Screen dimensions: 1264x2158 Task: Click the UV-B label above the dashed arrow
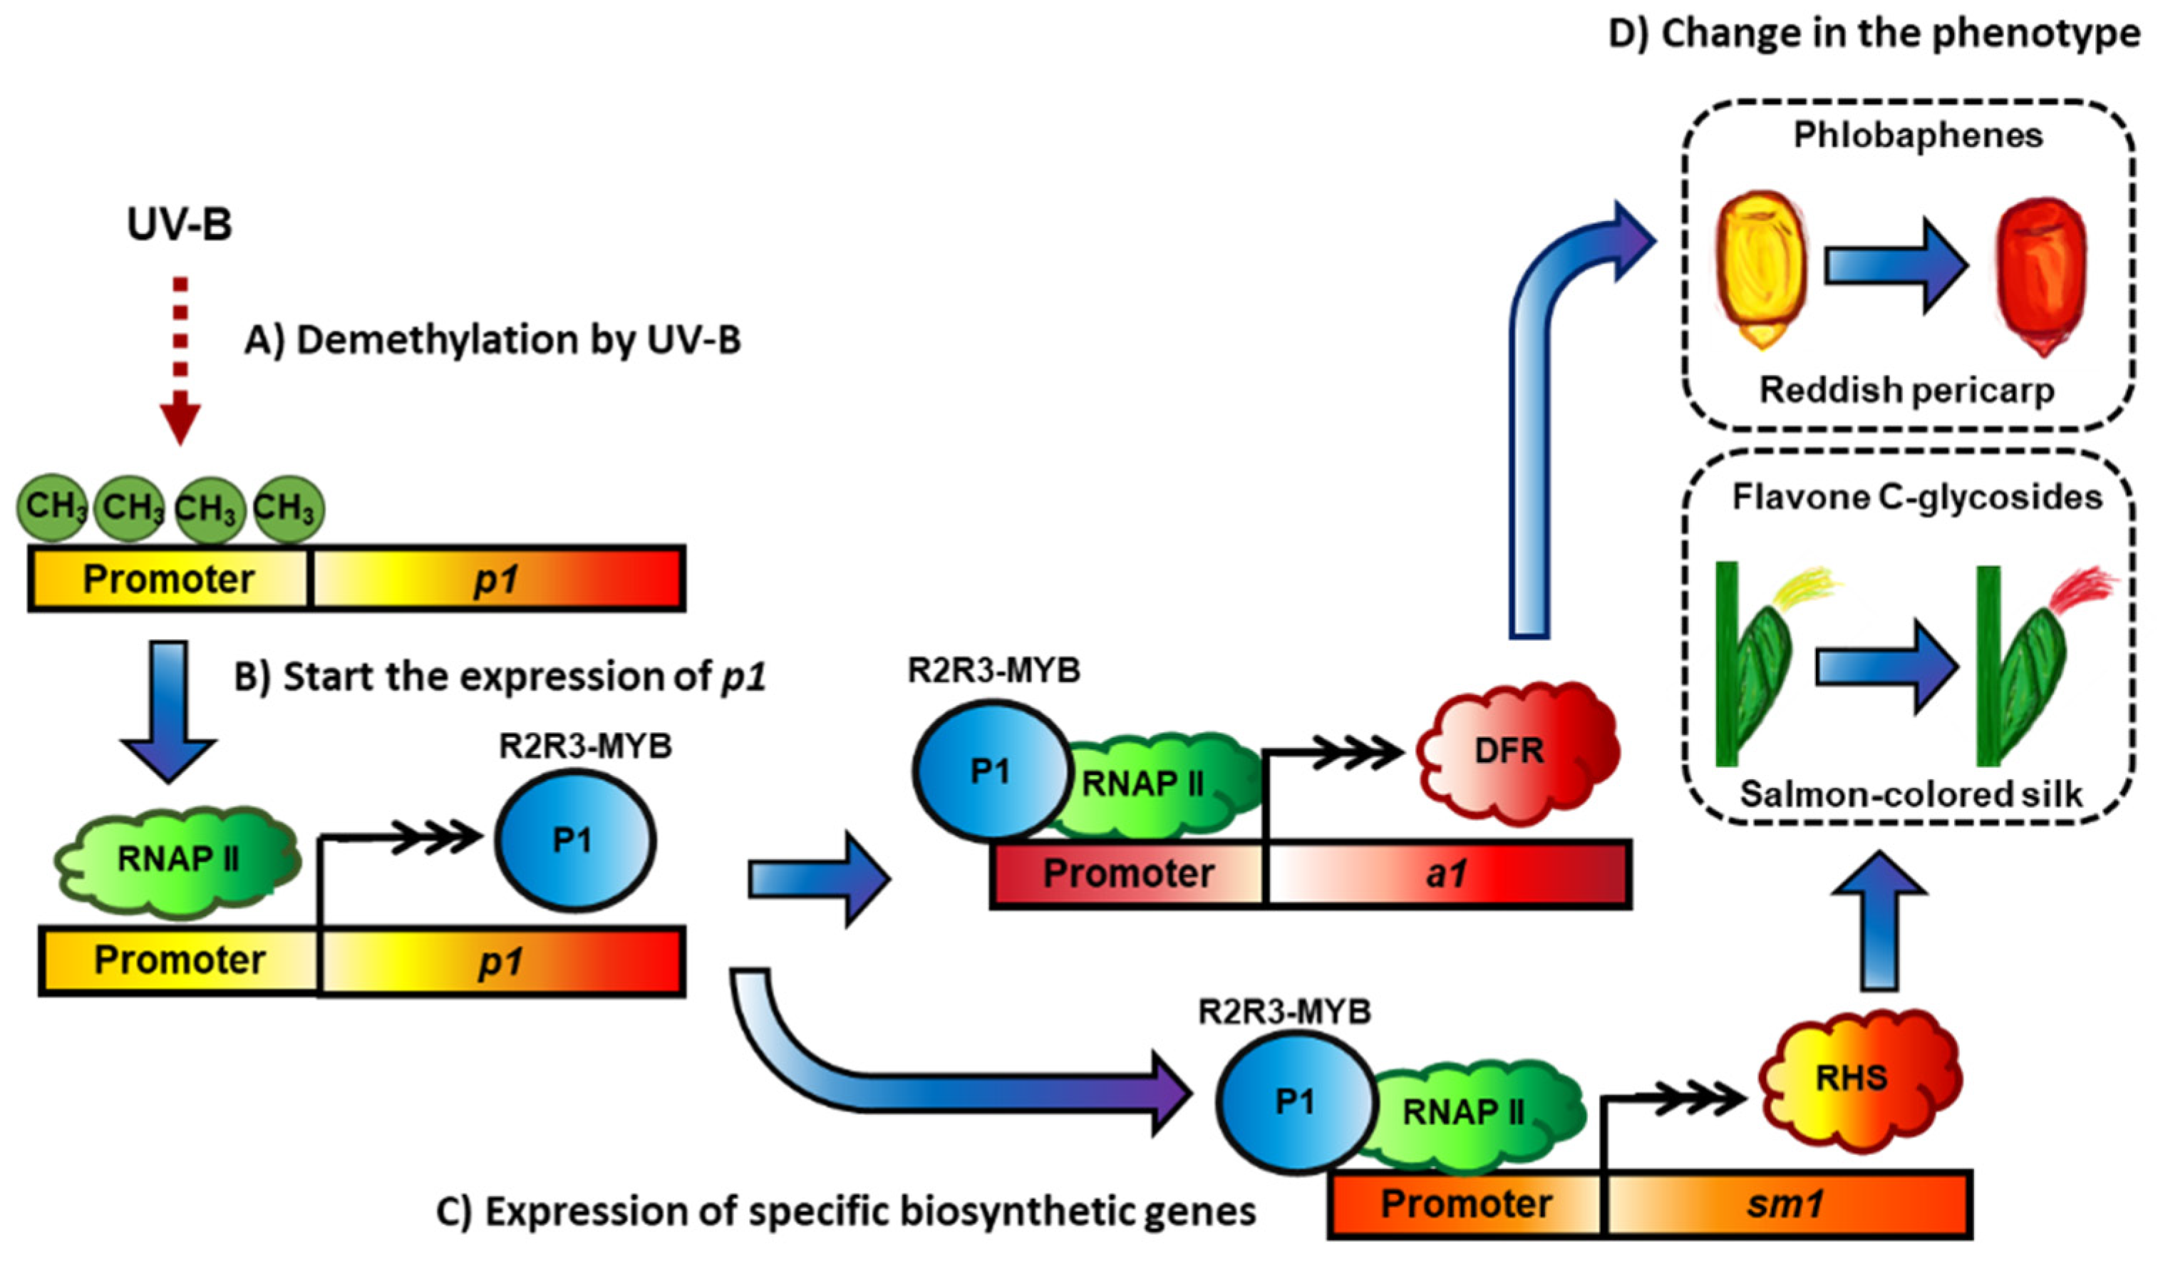click(x=179, y=225)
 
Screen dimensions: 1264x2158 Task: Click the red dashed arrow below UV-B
click(x=180, y=360)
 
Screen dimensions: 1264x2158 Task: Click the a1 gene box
click(x=1447, y=874)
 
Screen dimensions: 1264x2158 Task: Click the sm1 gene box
click(x=1785, y=1204)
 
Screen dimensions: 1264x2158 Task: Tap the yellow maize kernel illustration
click(x=1762, y=269)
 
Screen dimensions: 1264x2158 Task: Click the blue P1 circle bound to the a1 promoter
click(x=991, y=771)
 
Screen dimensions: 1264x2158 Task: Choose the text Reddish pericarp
click(x=1906, y=391)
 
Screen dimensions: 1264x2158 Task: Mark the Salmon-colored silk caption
click(x=1911, y=795)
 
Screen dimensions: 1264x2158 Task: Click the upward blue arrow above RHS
click(x=1879, y=925)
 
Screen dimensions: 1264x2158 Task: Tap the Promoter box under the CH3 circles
click(x=169, y=579)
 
